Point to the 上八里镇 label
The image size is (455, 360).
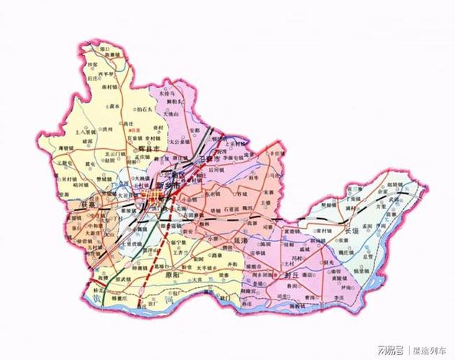[x=86, y=132]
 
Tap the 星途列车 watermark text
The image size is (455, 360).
[x=431, y=351]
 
